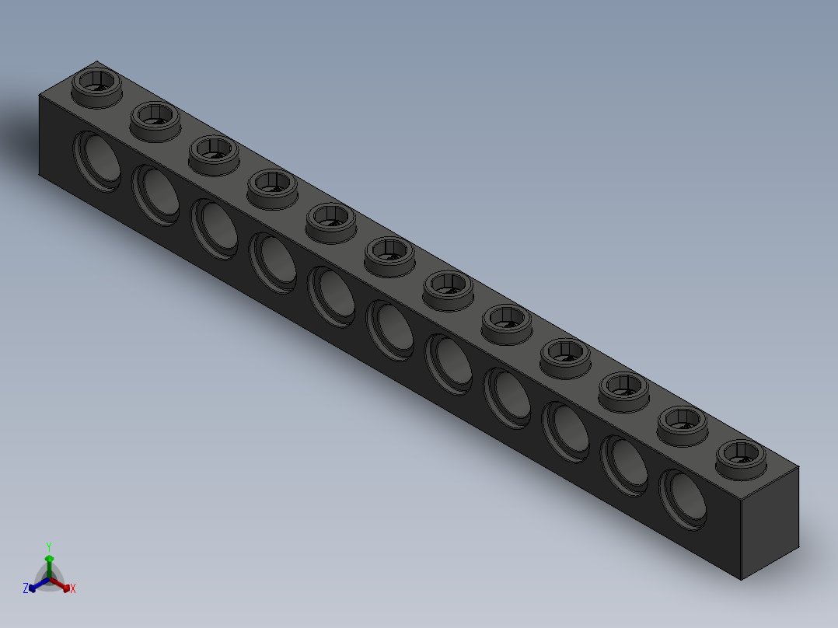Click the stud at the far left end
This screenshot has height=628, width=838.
pos(97,84)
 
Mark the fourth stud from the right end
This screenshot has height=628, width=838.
pos(565,354)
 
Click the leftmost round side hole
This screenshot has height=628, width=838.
pos(97,160)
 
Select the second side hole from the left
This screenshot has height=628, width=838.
pos(155,194)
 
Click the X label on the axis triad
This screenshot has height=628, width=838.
pos(73,589)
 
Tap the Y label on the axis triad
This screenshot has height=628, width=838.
pos(49,546)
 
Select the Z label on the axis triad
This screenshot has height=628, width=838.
pos(26,588)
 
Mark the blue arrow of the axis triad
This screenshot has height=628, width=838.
pos(35,586)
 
